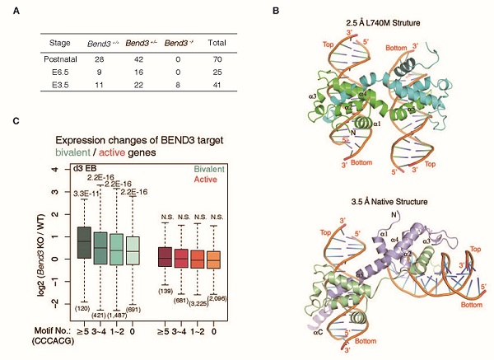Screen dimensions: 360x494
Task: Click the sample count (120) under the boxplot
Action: [x=82, y=306]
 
